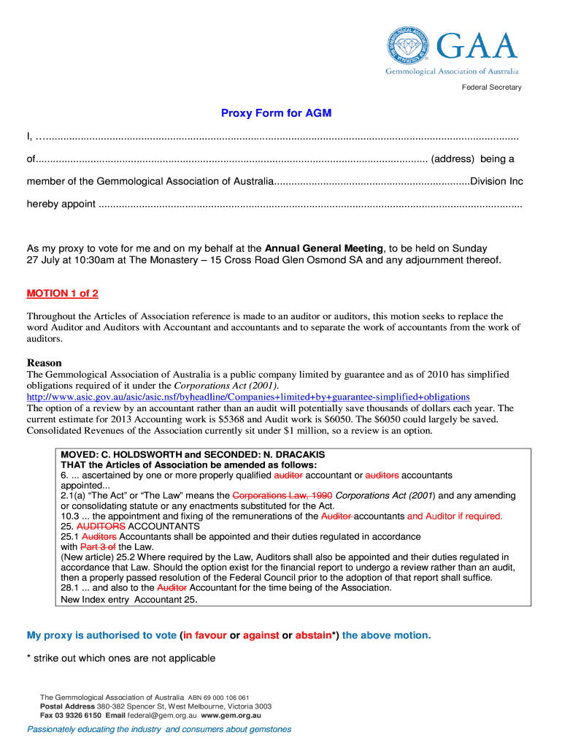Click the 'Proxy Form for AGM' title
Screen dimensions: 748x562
(x=276, y=113)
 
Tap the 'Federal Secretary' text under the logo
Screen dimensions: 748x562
(x=491, y=88)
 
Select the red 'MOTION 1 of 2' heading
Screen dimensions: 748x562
(x=63, y=294)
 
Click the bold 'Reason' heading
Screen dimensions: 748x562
(x=45, y=363)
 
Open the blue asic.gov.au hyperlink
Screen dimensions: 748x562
(x=248, y=397)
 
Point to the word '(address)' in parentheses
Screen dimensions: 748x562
(x=453, y=159)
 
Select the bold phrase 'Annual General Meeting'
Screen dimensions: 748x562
(x=323, y=248)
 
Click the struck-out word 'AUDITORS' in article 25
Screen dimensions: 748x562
(x=101, y=526)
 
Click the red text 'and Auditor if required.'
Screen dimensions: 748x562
(x=455, y=516)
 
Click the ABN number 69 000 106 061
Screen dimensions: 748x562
(x=228, y=698)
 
